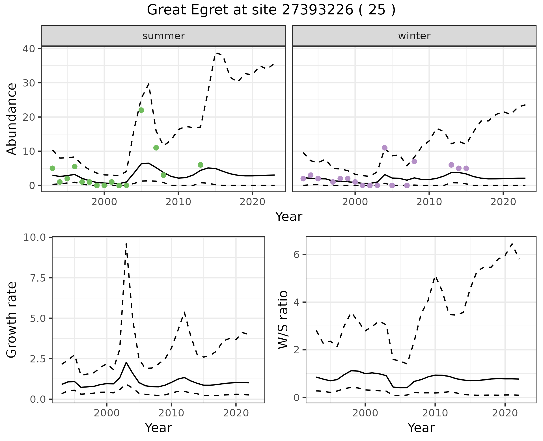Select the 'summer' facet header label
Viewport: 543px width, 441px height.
tap(163, 36)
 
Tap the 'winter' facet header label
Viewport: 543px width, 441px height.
tap(414, 36)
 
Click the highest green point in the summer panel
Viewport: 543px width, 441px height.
tap(141, 110)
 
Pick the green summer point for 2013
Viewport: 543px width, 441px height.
tap(201, 165)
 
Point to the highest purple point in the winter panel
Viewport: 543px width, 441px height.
tap(385, 148)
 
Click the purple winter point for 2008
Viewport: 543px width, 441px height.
tap(414, 161)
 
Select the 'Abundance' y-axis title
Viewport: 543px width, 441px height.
tap(12, 119)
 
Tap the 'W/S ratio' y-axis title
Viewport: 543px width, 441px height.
tap(283, 320)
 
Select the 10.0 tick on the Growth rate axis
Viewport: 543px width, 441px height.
tap(34, 237)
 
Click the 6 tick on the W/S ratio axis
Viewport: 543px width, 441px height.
tap(296, 254)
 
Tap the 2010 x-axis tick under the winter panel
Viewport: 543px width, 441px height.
tap(429, 202)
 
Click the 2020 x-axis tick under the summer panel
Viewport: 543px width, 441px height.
tap(252, 202)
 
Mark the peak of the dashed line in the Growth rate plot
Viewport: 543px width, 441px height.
tap(126, 243)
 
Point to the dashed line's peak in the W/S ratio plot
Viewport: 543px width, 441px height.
tap(512, 243)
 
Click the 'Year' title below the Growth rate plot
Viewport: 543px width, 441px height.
tap(158, 428)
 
